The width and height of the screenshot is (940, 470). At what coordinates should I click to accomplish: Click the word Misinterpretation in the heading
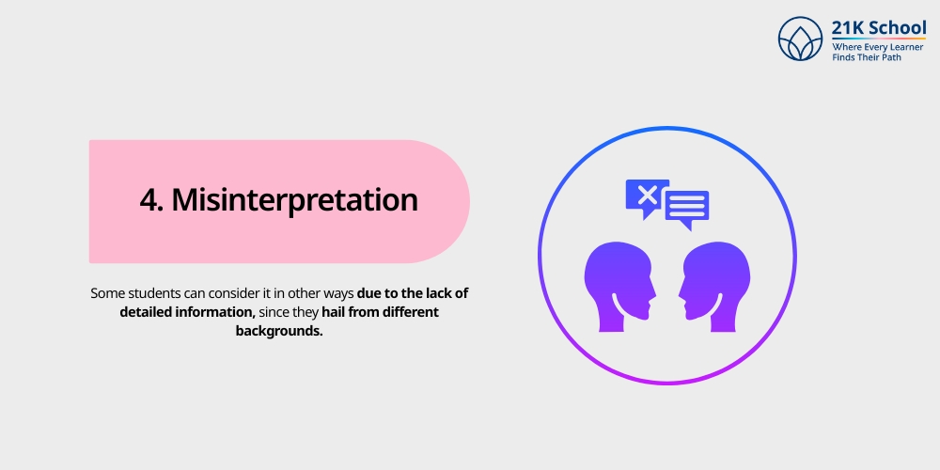294,201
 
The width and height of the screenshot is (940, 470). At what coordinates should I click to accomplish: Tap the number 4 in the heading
148,201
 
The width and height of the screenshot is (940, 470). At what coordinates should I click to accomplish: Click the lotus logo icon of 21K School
801,39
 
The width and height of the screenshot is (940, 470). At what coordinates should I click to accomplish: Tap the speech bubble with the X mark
647,196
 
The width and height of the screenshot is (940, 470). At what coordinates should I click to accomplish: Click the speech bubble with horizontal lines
687,208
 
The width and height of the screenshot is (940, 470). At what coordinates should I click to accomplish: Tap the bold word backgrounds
279,332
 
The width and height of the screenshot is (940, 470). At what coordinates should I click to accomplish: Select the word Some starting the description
107,293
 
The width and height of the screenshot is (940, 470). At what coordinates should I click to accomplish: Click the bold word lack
435,293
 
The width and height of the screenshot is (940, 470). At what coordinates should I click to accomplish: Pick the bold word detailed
148,312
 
